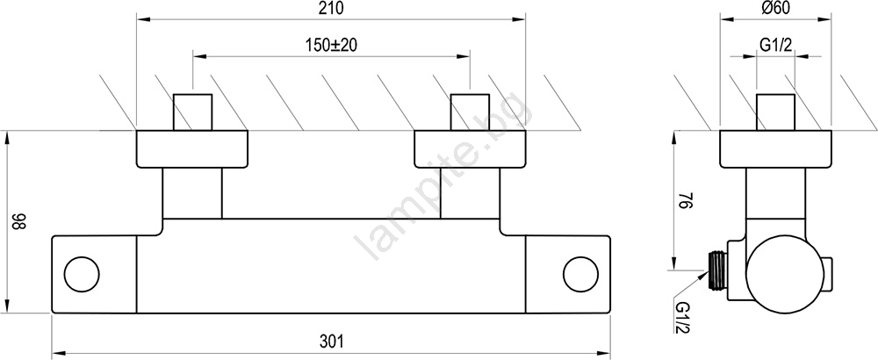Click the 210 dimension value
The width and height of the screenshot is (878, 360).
pyautogui.click(x=331, y=9)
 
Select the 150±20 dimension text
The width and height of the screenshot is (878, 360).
pyautogui.click(x=332, y=46)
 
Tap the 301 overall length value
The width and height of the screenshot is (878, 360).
pyautogui.click(x=332, y=341)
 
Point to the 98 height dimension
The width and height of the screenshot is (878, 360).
pyautogui.click(x=20, y=222)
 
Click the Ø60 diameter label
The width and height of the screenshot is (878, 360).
pyautogui.click(x=775, y=9)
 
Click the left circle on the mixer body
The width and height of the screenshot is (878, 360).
pyautogui.click(x=82, y=274)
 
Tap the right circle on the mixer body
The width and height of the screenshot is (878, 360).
pyautogui.click(x=580, y=274)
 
